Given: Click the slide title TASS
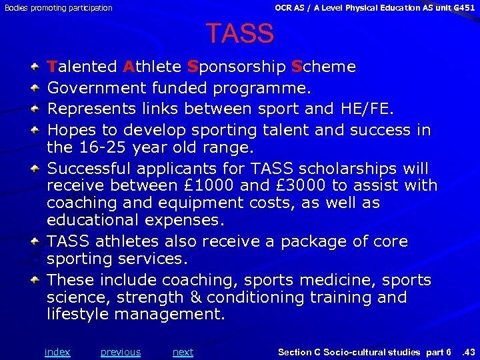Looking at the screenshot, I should pyautogui.click(x=239, y=33).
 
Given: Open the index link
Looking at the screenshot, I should pyautogui.click(x=57, y=352).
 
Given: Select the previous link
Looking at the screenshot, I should pyautogui.click(x=121, y=352).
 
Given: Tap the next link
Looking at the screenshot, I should pyautogui.click(x=183, y=352).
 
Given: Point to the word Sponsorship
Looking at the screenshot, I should pyautogui.click(x=236, y=67).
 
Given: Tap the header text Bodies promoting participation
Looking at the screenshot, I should pyautogui.click(x=58, y=8).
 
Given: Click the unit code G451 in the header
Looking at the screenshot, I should pyautogui.click(x=461, y=8).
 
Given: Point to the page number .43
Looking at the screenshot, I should pyautogui.click(x=469, y=352).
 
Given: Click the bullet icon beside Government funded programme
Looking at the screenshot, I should pyautogui.click(x=33, y=87).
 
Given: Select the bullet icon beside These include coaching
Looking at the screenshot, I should pyautogui.click(x=33, y=280).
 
